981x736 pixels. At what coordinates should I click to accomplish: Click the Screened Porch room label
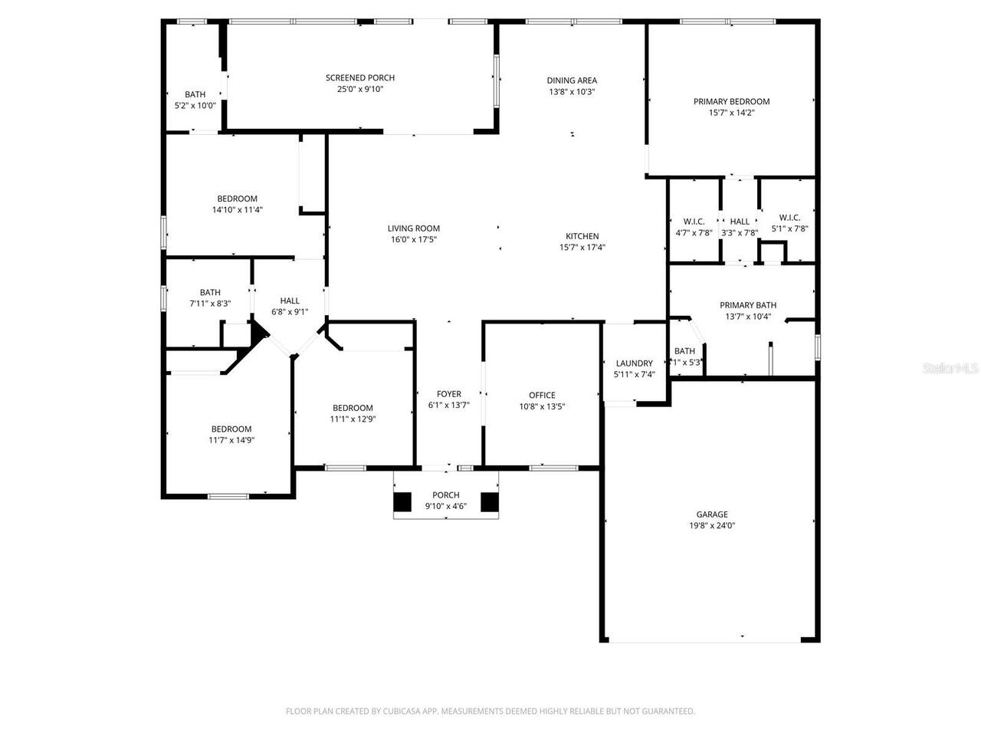tap(359, 77)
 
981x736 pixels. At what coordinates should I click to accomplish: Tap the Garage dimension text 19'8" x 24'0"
tap(712, 526)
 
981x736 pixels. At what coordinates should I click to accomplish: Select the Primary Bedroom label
tap(731, 101)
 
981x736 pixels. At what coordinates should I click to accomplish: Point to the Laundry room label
tap(634, 363)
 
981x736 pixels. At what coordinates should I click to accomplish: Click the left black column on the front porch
tap(402, 501)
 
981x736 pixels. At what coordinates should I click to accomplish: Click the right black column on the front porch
tap(490, 501)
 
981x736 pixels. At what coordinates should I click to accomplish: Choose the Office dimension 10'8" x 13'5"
tap(542, 407)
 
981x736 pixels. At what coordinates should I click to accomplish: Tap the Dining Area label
tap(572, 80)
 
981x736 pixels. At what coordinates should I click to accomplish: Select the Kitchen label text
tap(582, 236)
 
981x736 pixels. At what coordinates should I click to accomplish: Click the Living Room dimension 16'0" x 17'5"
tap(413, 239)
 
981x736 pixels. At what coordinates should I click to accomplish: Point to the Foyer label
tap(449, 394)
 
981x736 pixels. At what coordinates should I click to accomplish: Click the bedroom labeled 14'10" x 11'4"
tap(237, 204)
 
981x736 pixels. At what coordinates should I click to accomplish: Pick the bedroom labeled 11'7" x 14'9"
tap(231, 435)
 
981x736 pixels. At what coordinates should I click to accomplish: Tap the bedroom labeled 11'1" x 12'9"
tap(353, 413)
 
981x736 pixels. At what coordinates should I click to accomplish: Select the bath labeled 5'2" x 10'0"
tap(195, 100)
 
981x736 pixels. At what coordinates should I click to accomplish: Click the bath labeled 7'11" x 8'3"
tap(210, 297)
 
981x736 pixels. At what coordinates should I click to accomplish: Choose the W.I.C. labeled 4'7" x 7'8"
tap(694, 226)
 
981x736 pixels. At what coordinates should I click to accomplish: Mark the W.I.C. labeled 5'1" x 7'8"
tap(789, 222)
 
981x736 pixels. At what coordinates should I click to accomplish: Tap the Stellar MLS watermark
tap(951, 369)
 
